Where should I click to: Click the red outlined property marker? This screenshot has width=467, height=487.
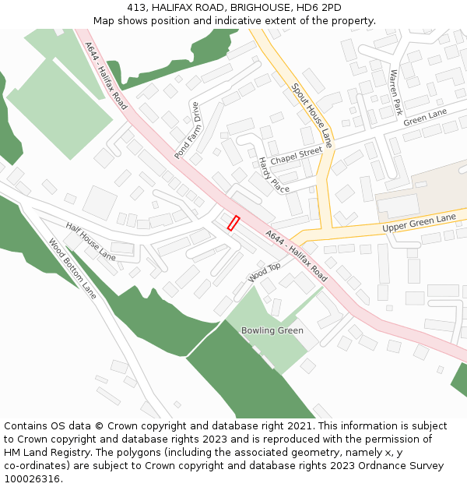tap(233, 223)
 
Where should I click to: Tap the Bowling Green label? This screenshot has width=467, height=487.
tap(272, 330)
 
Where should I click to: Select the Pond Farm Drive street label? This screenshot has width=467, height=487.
tap(188, 131)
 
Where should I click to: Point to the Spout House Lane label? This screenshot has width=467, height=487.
tap(313, 115)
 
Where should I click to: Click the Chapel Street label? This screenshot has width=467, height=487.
tap(296, 155)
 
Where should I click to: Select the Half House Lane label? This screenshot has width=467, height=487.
tap(90, 242)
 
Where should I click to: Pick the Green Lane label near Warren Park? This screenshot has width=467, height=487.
tap(425, 118)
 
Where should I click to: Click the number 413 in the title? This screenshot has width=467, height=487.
tap(136, 7)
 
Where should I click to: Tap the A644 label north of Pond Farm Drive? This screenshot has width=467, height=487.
tap(105, 76)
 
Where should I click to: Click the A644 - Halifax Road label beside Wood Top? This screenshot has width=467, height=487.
tap(297, 256)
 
